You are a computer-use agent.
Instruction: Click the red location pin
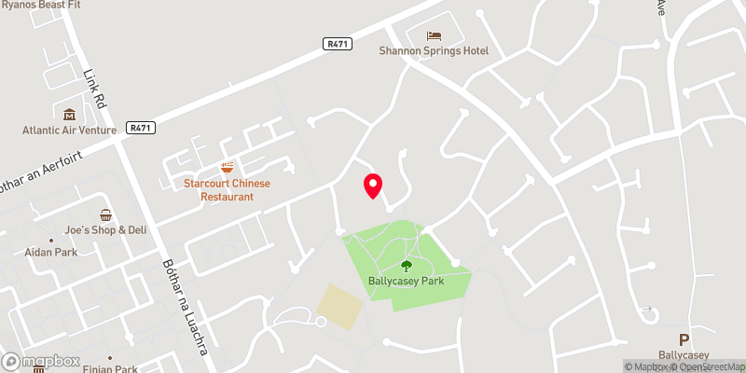coord(373,185)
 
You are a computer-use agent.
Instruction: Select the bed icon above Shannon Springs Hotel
coord(435,35)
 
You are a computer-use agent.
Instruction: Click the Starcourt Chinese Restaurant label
coord(228,189)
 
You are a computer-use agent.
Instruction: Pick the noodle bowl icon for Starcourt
coord(227,168)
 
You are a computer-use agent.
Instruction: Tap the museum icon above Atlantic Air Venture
coord(69,114)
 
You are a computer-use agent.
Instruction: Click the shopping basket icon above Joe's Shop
coord(105,214)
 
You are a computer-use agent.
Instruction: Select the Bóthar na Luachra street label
coord(186,307)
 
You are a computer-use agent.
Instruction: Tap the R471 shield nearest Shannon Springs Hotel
coord(338,43)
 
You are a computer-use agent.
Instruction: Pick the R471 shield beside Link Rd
coord(142,128)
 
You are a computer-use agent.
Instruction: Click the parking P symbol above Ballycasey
coord(684,339)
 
